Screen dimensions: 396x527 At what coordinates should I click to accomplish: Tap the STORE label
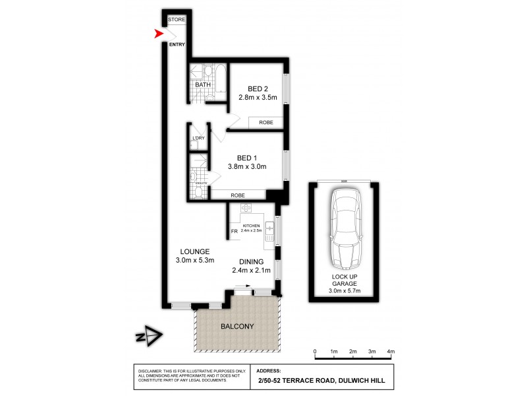pyautogui.click(x=176, y=20)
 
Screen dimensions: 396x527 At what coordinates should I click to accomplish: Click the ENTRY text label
pyautogui.click(x=177, y=44)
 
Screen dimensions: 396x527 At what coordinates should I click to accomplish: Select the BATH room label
pyautogui.click(x=202, y=84)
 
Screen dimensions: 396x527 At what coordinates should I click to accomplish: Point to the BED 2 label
pyautogui.click(x=258, y=89)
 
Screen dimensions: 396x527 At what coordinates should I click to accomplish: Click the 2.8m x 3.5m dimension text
pyautogui.click(x=258, y=98)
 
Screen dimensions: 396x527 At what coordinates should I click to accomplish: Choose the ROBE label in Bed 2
pyautogui.click(x=265, y=123)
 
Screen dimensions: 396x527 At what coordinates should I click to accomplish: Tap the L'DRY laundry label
pyautogui.click(x=198, y=138)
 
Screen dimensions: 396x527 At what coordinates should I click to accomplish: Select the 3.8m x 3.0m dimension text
pyautogui.click(x=247, y=167)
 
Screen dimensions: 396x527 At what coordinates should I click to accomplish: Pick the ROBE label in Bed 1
pyautogui.click(x=238, y=195)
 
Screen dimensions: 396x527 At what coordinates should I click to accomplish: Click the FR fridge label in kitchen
pyautogui.click(x=234, y=231)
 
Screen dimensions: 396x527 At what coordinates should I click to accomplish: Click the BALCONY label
pyautogui.click(x=236, y=326)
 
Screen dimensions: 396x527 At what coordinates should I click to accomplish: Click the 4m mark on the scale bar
pyautogui.click(x=391, y=351)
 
